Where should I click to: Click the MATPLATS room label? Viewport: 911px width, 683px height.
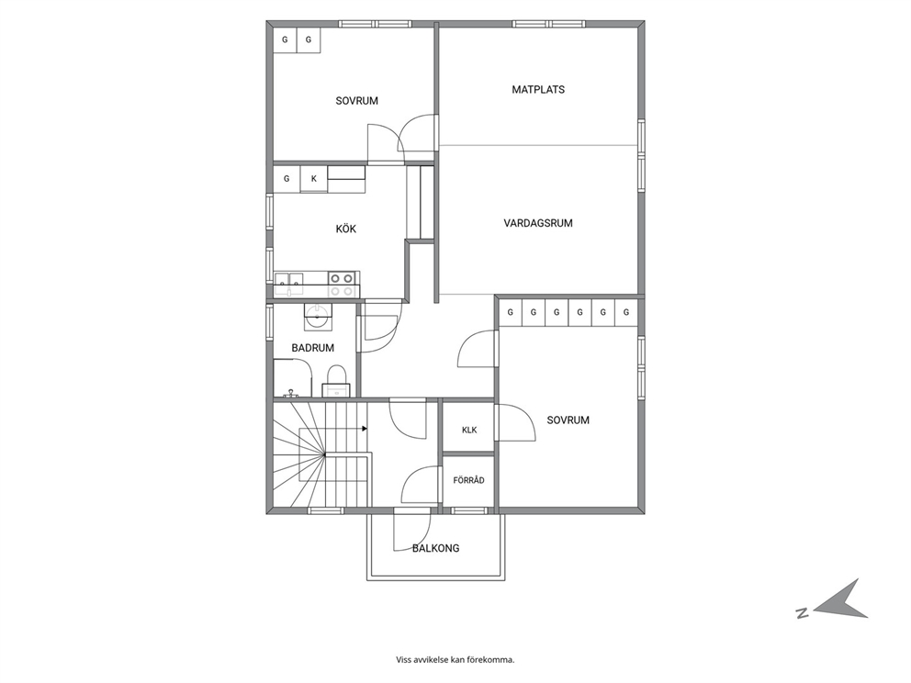[538, 89]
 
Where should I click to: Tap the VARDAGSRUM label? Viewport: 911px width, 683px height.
[538, 223]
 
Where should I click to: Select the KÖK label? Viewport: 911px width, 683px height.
[345, 229]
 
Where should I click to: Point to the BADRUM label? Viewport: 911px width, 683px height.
[312, 348]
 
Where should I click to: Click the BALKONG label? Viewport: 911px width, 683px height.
[435, 548]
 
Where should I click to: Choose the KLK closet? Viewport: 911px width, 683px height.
[469, 429]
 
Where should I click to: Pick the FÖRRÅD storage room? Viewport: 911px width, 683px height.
[468, 480]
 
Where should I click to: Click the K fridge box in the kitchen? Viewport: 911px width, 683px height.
[314, 179]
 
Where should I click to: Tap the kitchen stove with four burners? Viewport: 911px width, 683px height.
[343, 285]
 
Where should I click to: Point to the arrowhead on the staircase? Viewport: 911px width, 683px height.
[365, 429]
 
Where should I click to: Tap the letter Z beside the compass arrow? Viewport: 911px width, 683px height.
[802, 612]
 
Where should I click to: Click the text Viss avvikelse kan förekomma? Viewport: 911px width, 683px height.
[455, 659]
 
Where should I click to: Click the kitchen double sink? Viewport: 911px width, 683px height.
[288, 285]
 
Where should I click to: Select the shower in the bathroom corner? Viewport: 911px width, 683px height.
[293, 377]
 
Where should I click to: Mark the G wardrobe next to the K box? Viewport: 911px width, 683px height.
[287, 179]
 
